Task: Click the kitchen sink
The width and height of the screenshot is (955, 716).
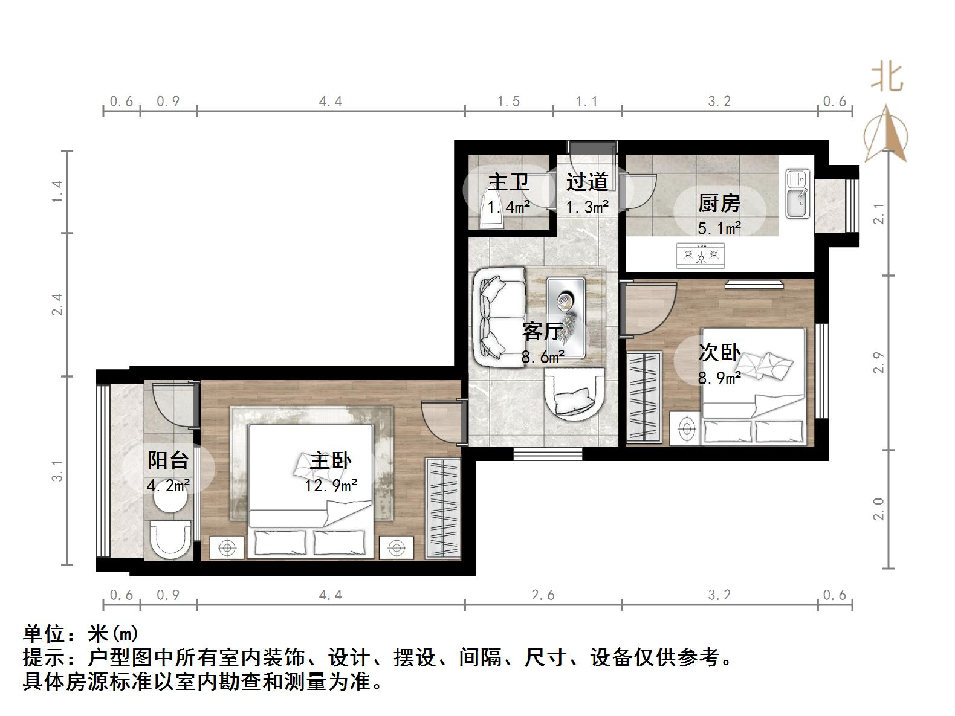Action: (797, 193)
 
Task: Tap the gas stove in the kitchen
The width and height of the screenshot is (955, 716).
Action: (701, 255)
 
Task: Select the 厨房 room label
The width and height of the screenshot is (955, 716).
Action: (719, 204)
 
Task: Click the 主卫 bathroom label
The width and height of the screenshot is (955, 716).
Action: (508, 182)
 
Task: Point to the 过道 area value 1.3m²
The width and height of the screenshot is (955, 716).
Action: (586, 207)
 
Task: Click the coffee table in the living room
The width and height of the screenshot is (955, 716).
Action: (566, 317)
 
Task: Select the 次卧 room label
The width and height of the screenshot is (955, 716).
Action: (719, 352)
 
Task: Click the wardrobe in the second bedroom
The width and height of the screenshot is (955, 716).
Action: (644, 396)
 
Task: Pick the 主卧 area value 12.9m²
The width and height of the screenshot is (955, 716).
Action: (331, 485)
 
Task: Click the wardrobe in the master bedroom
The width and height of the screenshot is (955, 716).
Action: (443, 508)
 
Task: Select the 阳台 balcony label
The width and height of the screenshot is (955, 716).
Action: (168, 461)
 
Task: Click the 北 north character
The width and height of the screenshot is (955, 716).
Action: (887, 77)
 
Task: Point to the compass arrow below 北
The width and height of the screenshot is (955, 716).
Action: (885, 134)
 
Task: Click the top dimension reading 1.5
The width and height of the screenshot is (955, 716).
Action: (508, 101)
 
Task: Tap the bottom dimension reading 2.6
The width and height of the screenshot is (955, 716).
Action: (543, 595)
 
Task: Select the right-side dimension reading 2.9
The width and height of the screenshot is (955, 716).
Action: (879, 363)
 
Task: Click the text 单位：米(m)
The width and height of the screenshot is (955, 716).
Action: (81, 634)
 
